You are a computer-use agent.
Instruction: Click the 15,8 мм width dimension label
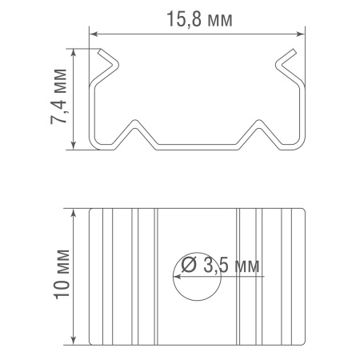pos(199,19)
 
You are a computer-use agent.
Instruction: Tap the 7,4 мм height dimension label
pos(58,97)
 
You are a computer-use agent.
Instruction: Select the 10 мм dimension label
pos(62,274)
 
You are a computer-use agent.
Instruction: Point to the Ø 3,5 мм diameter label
pos(220,266)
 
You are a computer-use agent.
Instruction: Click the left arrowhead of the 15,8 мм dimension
pos(93,34)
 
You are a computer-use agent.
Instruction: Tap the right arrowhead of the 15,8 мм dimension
pos(301,34)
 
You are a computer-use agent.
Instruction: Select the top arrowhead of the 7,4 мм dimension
pos(74,53)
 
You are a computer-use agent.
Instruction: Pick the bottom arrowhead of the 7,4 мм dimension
pos(74,146)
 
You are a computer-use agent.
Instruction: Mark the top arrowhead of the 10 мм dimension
pos(74,212)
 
